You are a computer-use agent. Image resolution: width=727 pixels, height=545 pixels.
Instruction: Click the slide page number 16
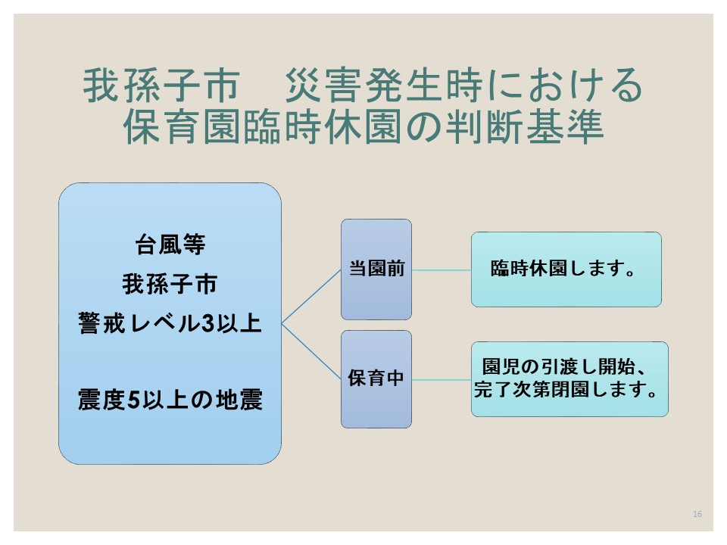[x=697, y=515]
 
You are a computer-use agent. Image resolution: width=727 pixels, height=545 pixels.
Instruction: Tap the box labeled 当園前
[x=376, y=269]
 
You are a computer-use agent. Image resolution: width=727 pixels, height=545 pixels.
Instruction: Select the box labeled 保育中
[x=376, y=378]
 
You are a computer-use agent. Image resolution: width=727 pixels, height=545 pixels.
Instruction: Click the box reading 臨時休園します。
[x=566, y=269]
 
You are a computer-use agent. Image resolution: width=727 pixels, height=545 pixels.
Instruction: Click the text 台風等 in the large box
[x=170, y=245]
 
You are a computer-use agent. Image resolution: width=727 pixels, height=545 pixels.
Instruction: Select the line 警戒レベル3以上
[x=170, y=324]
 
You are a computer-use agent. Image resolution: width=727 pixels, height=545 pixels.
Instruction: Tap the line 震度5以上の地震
[x=170, y=400]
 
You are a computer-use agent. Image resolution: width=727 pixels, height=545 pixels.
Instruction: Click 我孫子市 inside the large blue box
[x=170, y=285]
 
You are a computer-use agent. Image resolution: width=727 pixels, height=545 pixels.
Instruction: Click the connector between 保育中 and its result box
[x=442, y=378]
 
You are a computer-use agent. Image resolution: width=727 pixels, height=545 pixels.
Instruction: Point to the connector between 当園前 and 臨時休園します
[x=442, y=269]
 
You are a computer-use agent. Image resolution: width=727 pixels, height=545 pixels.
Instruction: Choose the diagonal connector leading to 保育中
[x=311, y=351]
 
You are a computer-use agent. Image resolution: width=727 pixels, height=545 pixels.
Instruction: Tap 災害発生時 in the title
[x=357, y=86]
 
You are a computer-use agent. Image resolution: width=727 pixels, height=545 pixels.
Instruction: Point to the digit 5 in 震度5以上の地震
[x=133, y=400]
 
